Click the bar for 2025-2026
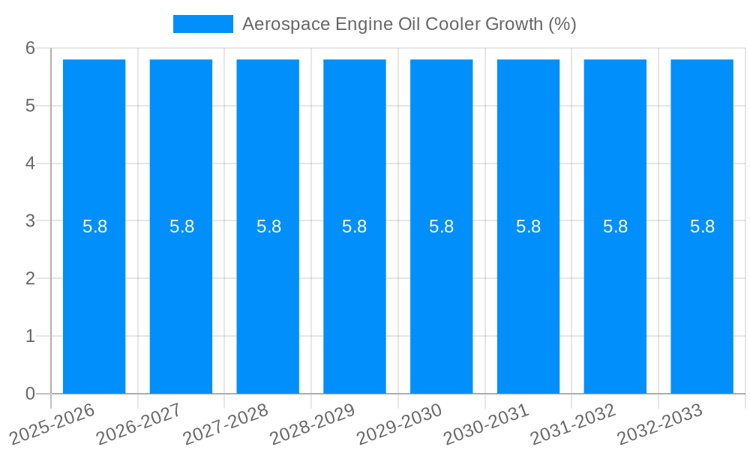click(x=94, y=300)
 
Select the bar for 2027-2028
click(x=268, y=300)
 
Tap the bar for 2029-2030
click(x=441, y=300)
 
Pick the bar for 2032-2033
click(x=702, y=300)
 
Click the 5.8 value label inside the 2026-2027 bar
click(x=181, y=226)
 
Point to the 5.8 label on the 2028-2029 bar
click(x=354, y=226)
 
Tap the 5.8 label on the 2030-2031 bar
click(x=528, y=226)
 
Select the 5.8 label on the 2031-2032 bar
click(x=615, y=226)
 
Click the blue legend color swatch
click(x=202, y=24)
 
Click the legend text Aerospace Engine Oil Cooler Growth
click(x=409, y=24)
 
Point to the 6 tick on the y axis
click(x=30, y=48)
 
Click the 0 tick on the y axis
click(x=30, y=394)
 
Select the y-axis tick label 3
click(x=30, y=220)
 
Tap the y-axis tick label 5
click(x=30, y=106)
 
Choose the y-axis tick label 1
click(x=30, y=336)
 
